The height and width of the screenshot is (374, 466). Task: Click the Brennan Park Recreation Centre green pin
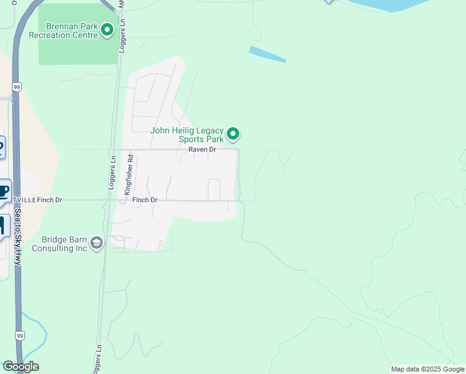click(x=107, y=29)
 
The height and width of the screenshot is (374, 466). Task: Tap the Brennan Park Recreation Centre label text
click(x=72, y=31)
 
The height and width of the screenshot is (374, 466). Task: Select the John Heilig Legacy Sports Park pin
click(x=233, y=133)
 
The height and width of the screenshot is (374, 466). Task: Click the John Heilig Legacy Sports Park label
click(x=187, y=135)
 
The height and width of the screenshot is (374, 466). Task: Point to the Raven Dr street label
click(x=202, y=150)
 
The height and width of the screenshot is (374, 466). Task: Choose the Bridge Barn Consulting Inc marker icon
click(x=96, y=243)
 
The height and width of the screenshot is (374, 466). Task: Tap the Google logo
click(x=21, y=367)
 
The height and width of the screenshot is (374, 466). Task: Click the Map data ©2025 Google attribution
click(x=427, y=369)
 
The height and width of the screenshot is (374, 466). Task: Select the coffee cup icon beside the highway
click(x=4, y=191)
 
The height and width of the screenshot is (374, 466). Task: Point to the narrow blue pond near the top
click(x=267, y=54)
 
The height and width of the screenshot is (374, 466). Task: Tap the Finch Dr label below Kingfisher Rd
click(x=145, y=200)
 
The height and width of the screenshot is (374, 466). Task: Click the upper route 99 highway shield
click(x=16, y=87)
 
